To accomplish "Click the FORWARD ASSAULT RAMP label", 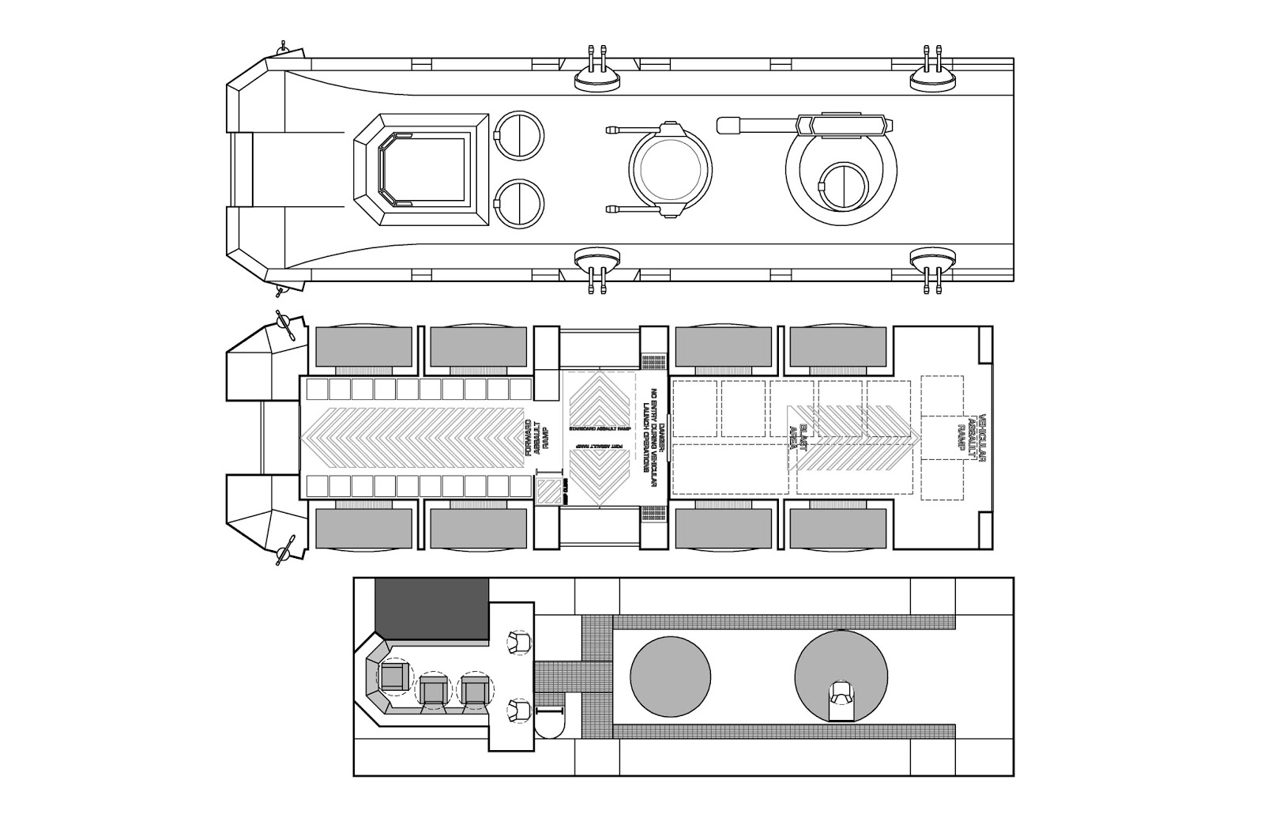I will click(537, 437).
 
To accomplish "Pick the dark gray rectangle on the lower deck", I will click(431, 609).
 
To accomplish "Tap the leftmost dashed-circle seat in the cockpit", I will click(393, 676).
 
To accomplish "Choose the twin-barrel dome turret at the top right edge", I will click(933, 74).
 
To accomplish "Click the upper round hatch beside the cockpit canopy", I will click(519, 135).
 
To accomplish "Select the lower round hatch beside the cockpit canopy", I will click(519, 202).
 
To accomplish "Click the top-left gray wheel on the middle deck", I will click(364, 347).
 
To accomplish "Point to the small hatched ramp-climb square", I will click(547, 490).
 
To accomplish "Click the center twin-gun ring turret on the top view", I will click(670, 171).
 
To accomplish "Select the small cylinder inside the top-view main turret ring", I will click(845, 187).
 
